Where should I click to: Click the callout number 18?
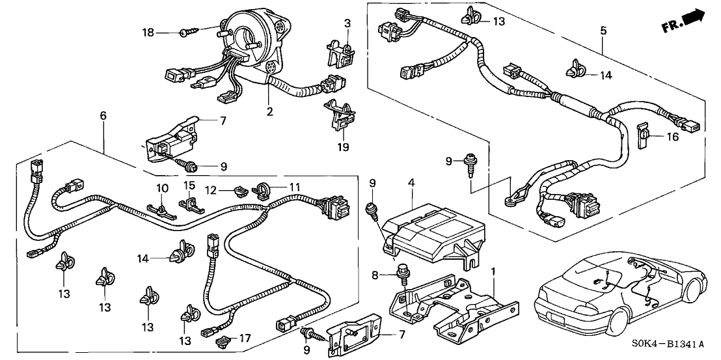[148, 31]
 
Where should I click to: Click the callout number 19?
[343, 147]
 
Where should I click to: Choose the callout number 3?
[347, 23]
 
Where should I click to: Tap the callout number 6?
[103, 116]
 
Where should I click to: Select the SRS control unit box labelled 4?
[430, 234]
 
